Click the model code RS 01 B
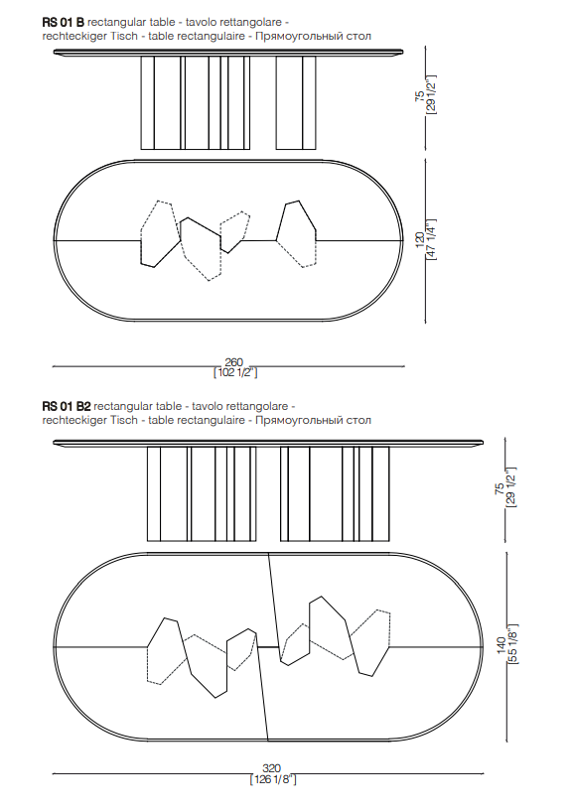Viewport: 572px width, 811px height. click(63, 22)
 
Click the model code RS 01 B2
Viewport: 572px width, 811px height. click(67, 407)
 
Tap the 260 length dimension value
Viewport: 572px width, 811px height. click(233, 362)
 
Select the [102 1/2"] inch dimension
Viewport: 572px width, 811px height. click(235, 372)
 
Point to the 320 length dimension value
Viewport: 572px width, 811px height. click(271, 769)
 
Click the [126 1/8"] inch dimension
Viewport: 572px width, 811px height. click(273, 779)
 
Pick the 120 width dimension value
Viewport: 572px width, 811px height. click(420, 240)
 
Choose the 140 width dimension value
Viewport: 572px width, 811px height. click(501, 644)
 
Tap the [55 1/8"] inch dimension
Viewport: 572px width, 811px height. click(512, 644)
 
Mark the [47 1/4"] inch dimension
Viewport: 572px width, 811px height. click(431, 240)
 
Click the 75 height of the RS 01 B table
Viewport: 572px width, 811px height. click(420, 95)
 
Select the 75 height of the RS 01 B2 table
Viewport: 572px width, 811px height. click(500, 489)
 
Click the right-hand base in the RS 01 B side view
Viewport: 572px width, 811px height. click(296, 103)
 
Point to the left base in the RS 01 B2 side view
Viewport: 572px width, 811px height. click(202, 494)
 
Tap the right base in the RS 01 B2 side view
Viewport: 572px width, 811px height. click(335, 494)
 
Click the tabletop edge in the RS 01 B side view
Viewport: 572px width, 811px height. click(228, 52)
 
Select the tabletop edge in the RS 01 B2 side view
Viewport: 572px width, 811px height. click(268, 443)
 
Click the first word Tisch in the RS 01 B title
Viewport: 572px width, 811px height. click(126, 36)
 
